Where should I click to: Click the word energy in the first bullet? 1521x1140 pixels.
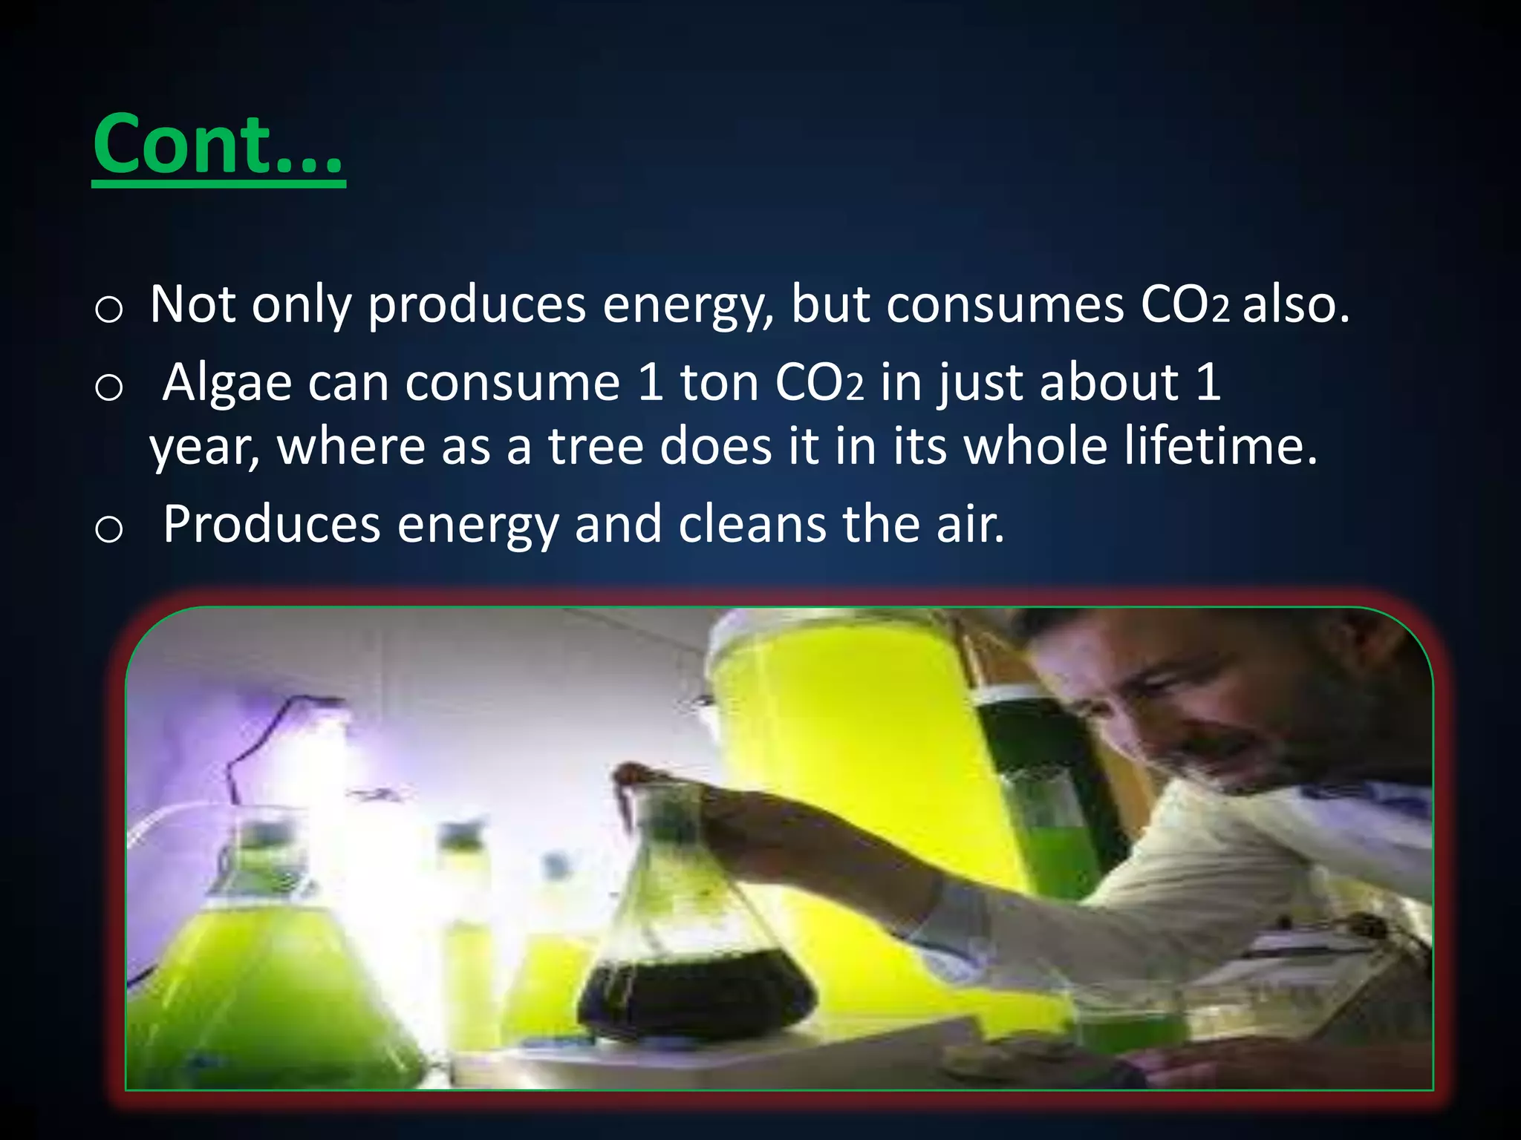click(x=687, y=305)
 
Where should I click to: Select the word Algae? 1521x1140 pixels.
click(x=227, y=383)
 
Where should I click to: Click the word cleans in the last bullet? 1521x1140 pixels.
click(x=752, y=524)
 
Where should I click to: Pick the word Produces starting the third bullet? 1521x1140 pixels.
click(x=272, y=524)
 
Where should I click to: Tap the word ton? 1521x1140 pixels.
click(x=719, y=383)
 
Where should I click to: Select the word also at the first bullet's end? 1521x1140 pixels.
click(x=1295, y=305)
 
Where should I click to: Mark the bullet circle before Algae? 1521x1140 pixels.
click(x=109, y=387)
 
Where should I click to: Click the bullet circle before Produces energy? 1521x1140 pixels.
click(x=109, y=528)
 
